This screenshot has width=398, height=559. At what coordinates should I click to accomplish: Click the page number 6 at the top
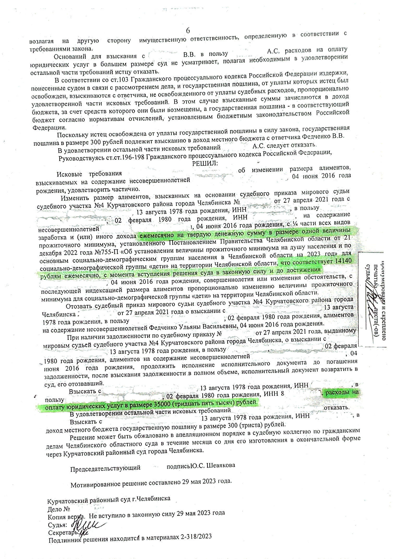coord(188,31)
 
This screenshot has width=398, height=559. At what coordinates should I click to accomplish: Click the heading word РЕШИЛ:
coord(205,163)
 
